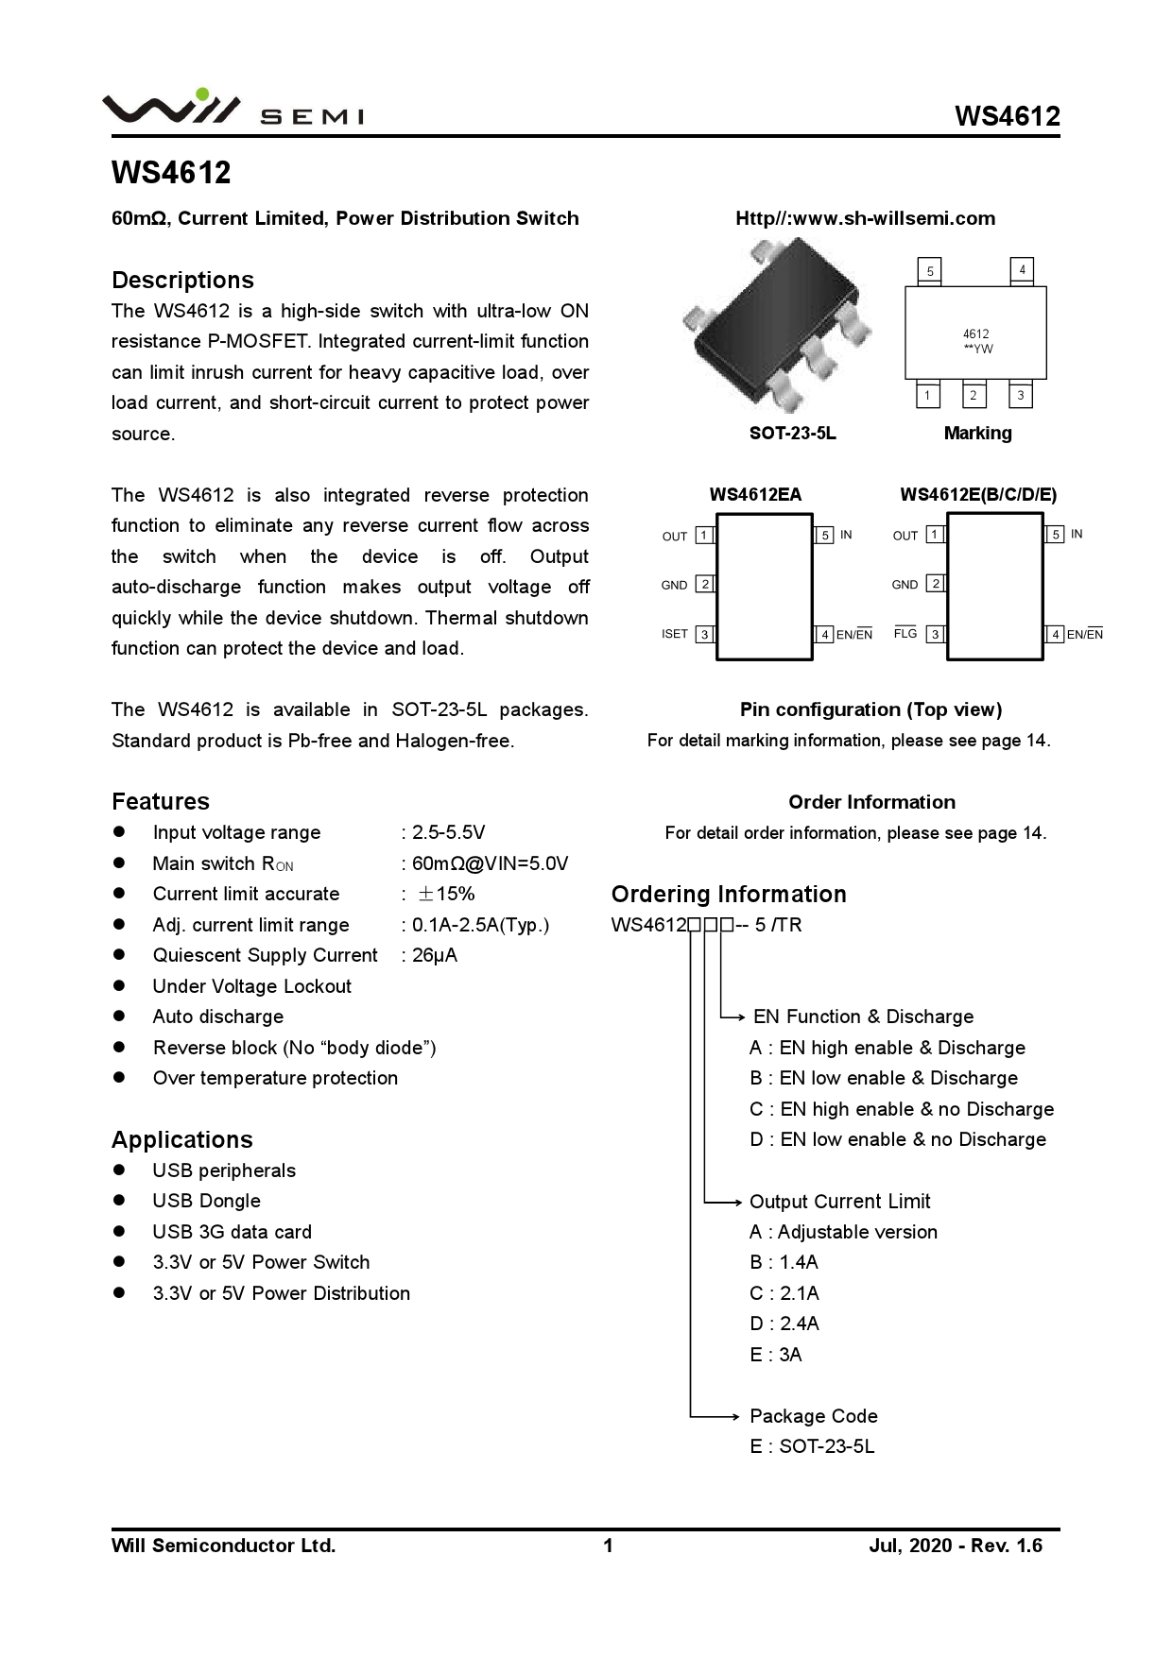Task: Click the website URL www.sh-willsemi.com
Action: click(865, 218)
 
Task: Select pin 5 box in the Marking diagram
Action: click(930, 271)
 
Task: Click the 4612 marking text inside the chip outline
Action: click(975, 333)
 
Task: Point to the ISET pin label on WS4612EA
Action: click(675, 634)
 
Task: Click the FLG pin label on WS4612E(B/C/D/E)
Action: click(905, 633)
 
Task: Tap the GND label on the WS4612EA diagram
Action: click(674, 585)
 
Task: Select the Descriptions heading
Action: click(182, 280)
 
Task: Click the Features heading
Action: click(161, 801)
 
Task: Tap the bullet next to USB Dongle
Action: click(119, 1201)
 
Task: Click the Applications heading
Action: click(182, 1139)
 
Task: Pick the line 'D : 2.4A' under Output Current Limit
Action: click(784, 1324)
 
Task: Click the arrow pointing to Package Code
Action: click(728, 1416)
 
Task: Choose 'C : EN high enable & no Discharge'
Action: click(902, 1109)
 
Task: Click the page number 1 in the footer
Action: click(609, 1546)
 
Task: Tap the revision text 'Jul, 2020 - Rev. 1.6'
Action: click(956, 1546)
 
